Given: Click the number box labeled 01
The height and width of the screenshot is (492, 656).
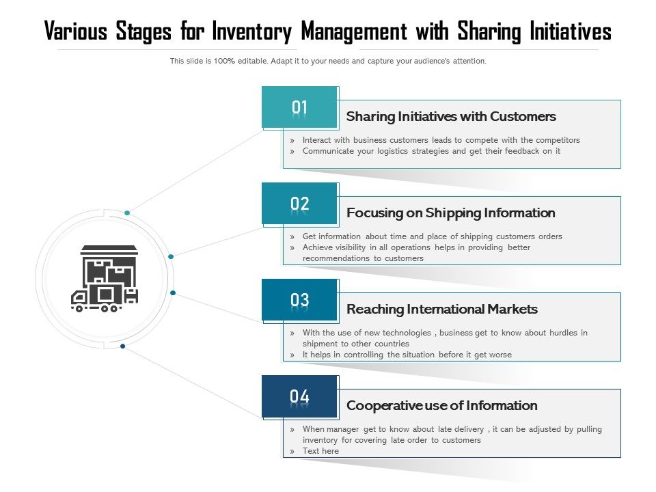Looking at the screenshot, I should pyautogui.click(x=300, y=107).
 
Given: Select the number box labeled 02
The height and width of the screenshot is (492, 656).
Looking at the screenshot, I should pyautogui.click(x=300, y=204).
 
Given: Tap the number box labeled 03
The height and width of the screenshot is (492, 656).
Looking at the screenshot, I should pyautogui.click(x=300, y=300).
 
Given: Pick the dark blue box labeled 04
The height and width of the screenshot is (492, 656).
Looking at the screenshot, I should pyautogui.click(x=300, y=396).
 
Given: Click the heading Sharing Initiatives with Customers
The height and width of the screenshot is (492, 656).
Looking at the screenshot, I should pyautogui.click(x=451, y=117).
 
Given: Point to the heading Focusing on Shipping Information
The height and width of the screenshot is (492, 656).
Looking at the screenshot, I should pyautogui.click(x=450, y=213).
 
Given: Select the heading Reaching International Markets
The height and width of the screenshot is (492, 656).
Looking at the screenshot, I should pyautogui.click(x=441, y=310).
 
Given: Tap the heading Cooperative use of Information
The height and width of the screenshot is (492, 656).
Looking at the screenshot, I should pyautogui.click(x=441, y=406).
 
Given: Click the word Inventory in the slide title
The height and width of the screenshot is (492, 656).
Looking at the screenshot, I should pyautogui.click(x=252, y=32).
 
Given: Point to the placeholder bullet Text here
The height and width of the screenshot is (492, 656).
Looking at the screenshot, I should pyautogui.click(x=320, y=451).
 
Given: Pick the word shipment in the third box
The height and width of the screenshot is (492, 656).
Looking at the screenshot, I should pyautogui.click(x=319, y=344).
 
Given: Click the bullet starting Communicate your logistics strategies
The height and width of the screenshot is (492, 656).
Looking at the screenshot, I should pyautogui.click(x=431, y=151).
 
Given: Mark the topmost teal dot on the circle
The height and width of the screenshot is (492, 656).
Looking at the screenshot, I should pyautogui.click(x=127, y=213).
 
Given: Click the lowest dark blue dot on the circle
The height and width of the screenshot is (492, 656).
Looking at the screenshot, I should pyautogui.click(x=122, y=346).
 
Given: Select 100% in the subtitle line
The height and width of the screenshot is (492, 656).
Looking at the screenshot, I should pyautogui.click(x=224, y=61).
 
